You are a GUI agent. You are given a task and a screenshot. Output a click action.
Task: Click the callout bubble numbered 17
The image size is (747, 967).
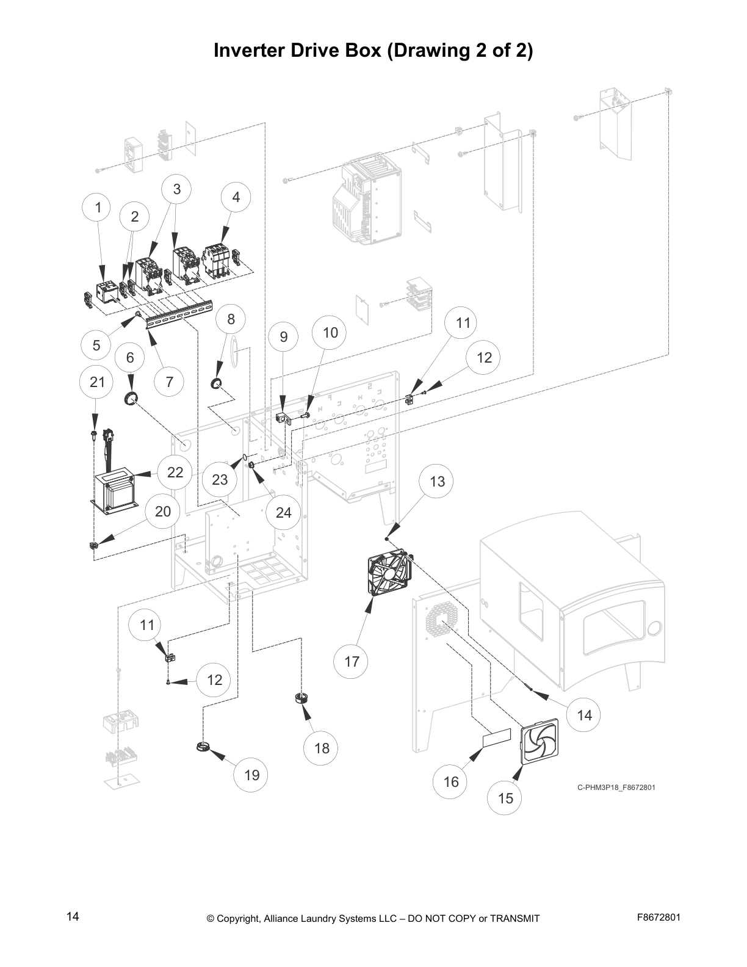[x=352, y=661]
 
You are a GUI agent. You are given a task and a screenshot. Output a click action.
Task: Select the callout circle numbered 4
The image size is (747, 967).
[x=236, y=197]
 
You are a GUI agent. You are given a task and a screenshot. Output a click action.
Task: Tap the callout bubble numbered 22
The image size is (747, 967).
[x=175, y=472]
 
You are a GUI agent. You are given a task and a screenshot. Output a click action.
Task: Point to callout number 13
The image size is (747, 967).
[x=437, y=481]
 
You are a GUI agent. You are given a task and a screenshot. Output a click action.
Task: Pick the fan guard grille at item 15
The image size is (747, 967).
[x=540, y=740]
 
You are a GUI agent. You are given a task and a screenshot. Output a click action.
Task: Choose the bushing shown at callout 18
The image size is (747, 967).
[x=301, y=698]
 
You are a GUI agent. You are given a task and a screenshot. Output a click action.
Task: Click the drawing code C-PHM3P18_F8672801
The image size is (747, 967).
[x=616, y=787]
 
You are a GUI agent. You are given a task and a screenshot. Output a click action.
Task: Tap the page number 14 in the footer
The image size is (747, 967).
[x=73, y=916]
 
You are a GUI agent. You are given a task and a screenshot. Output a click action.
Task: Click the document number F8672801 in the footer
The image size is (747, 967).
[x=659, y=916]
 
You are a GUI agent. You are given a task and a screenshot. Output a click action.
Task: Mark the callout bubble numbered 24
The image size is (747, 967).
[x=283, y=512]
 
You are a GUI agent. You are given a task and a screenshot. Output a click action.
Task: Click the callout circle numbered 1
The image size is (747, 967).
[x=98, y=208]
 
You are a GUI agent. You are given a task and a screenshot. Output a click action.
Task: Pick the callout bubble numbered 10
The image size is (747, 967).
[x=330, y=332]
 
